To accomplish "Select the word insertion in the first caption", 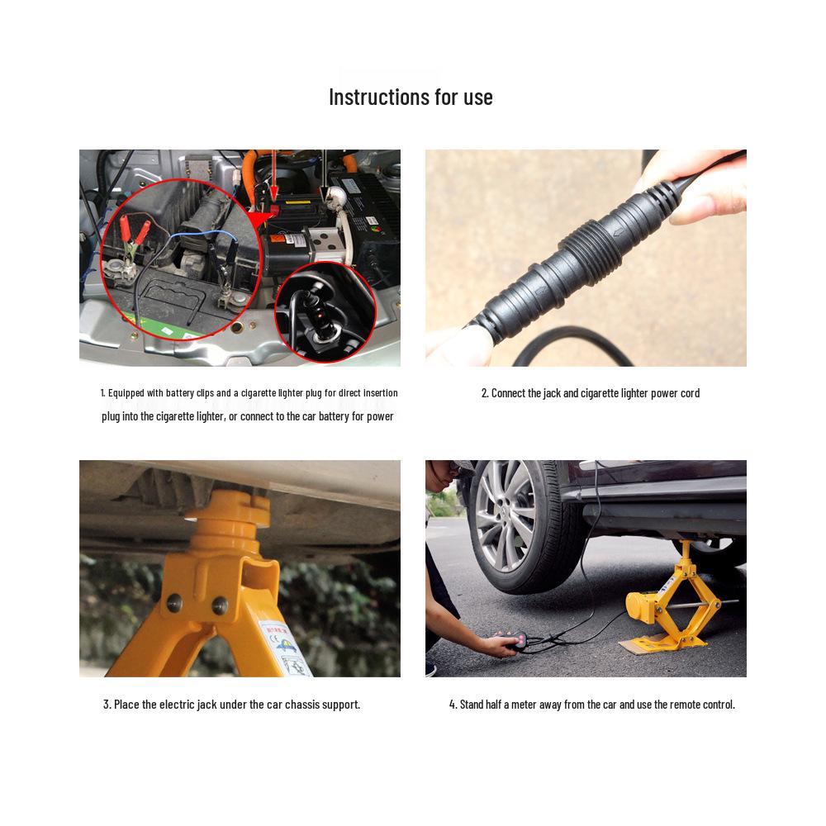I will (x=377, y=393).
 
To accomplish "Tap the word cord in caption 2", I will (x=688, y=393).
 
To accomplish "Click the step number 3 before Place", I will (x=107, y=705).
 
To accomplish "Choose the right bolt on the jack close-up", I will (x=220, y=605).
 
